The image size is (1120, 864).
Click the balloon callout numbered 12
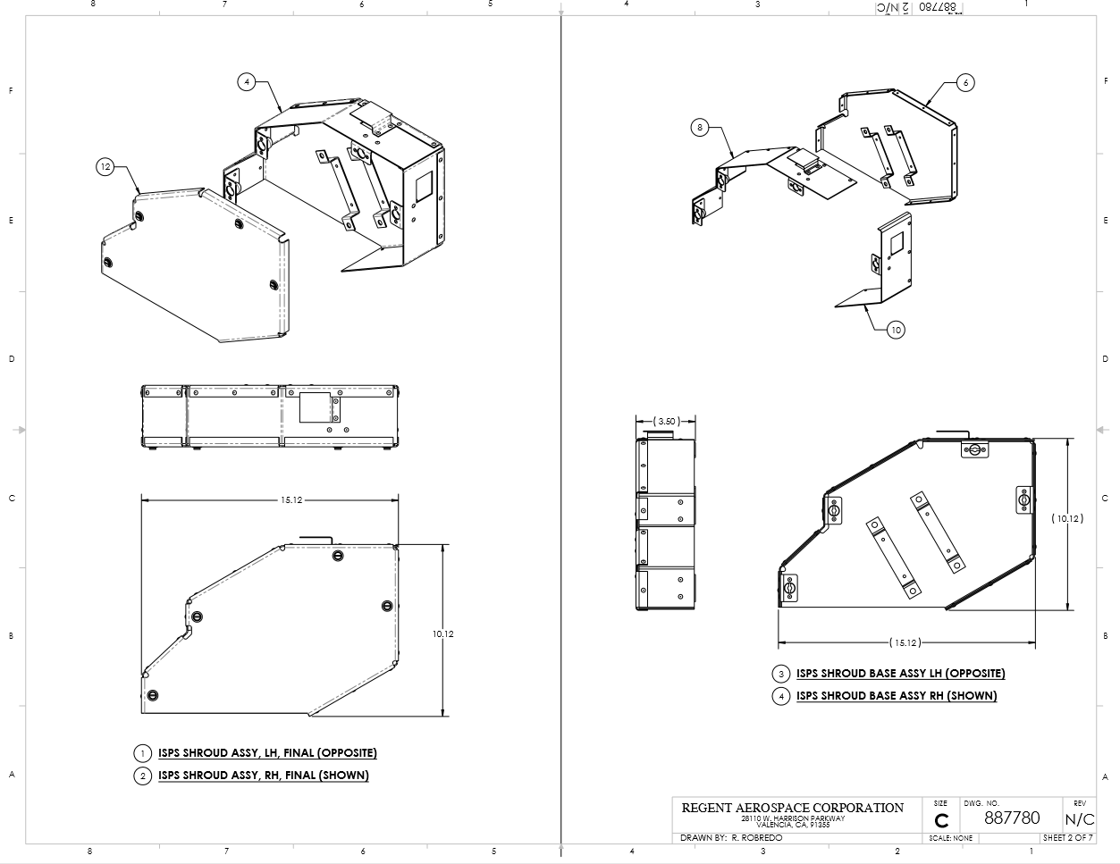click(x=105, y=166)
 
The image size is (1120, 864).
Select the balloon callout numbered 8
click(x=700, y=128)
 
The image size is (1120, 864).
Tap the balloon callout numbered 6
click(x=964, y=82)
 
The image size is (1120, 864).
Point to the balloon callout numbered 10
click(x=896, y=330)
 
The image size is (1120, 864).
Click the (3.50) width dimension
click(x=665, y=421)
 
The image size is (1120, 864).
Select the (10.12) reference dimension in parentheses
click(x=1067, y=518)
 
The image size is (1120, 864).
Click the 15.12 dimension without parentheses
click(x=291, y=499)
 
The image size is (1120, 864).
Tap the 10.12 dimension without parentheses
click(x=443, y=633)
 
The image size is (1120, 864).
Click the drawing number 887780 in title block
click(x=1012, y=818)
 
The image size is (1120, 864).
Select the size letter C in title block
click(x=941, y=821)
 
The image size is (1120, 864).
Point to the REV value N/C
click(x=1079, y=819)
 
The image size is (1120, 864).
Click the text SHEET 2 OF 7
click(x=1067, y=838)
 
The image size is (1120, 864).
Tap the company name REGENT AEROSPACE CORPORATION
click(x=792, y=808)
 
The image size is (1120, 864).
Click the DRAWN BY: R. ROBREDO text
click(x=731, y=838)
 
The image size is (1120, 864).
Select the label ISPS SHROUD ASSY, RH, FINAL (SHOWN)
click(x=263, y=776)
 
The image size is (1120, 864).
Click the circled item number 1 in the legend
click(x=142, y=753)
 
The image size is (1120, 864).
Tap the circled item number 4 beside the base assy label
click(x=781, y=696)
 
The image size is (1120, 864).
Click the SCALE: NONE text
click(x=951, y=838)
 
